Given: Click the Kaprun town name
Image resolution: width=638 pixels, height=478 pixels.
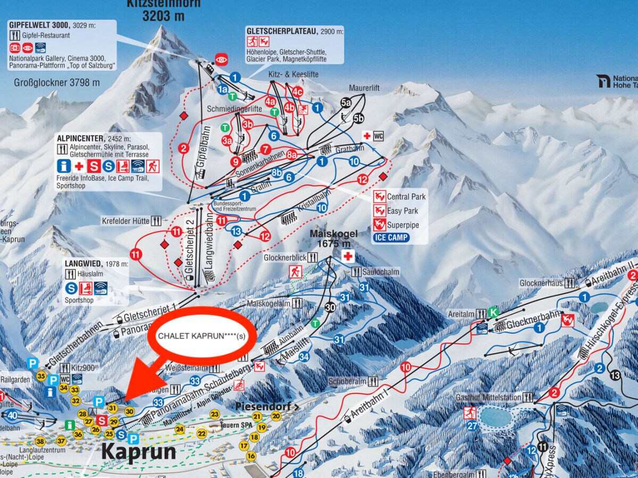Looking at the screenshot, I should click(138, 451).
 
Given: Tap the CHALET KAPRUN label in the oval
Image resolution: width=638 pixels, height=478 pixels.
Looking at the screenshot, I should click(202, 336).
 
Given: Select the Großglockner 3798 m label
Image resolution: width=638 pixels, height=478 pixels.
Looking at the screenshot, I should click(57, 82).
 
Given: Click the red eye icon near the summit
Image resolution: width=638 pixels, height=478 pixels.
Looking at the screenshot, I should click(221, 58).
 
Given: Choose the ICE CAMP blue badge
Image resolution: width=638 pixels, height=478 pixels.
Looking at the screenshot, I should click(391, 237).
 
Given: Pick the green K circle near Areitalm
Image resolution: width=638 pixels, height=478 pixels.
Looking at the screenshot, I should click(493, 312).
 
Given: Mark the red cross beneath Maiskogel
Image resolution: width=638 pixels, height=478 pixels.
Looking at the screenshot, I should click(348, 257).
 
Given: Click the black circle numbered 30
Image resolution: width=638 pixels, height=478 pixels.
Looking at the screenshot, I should click(330, 307).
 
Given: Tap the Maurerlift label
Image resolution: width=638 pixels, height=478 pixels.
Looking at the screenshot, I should click(364, 88).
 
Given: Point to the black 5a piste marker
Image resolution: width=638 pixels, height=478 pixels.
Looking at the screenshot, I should click(346, 103).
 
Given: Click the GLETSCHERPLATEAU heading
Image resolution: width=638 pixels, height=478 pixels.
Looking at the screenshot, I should click(281, 31).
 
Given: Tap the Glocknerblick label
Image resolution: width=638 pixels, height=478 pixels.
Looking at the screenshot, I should click(285, 257).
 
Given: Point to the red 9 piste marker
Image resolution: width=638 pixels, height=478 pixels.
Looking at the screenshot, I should click(236, 161).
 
